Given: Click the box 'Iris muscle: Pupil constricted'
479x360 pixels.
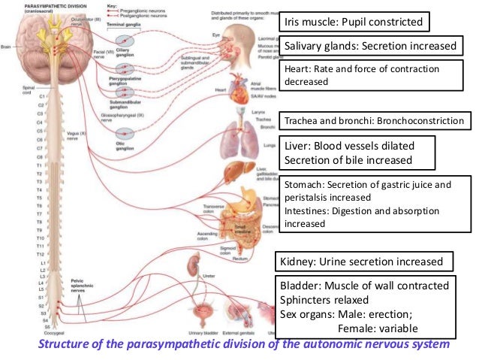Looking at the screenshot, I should [x=354, y=22].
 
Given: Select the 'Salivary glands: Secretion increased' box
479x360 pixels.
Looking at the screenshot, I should [x=370, y=47].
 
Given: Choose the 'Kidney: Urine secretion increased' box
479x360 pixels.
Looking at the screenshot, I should [x=366, y=262].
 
